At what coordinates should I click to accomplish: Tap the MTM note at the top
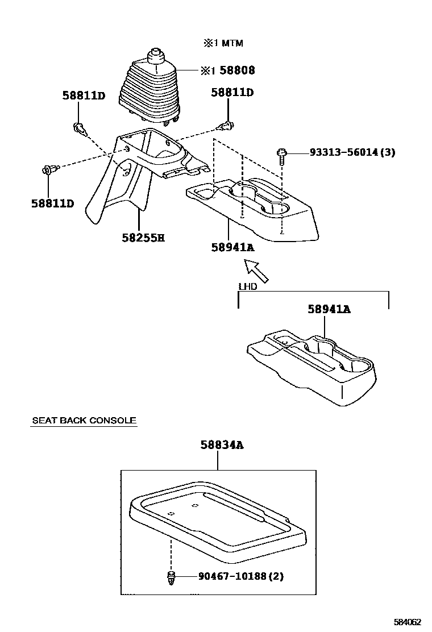(223, 43)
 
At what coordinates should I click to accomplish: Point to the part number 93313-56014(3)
(352, 152)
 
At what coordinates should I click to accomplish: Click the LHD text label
(248, 286)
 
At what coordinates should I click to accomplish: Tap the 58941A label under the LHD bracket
(329, 309)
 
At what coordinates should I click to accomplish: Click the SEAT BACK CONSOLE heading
(84, 421)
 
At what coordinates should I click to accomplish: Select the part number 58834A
(222, 445)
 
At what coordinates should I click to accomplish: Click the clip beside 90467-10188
(171, 577)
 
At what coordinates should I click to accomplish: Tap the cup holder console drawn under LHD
(313, 369)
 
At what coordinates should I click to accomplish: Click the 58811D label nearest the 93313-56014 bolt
(232, 92)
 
